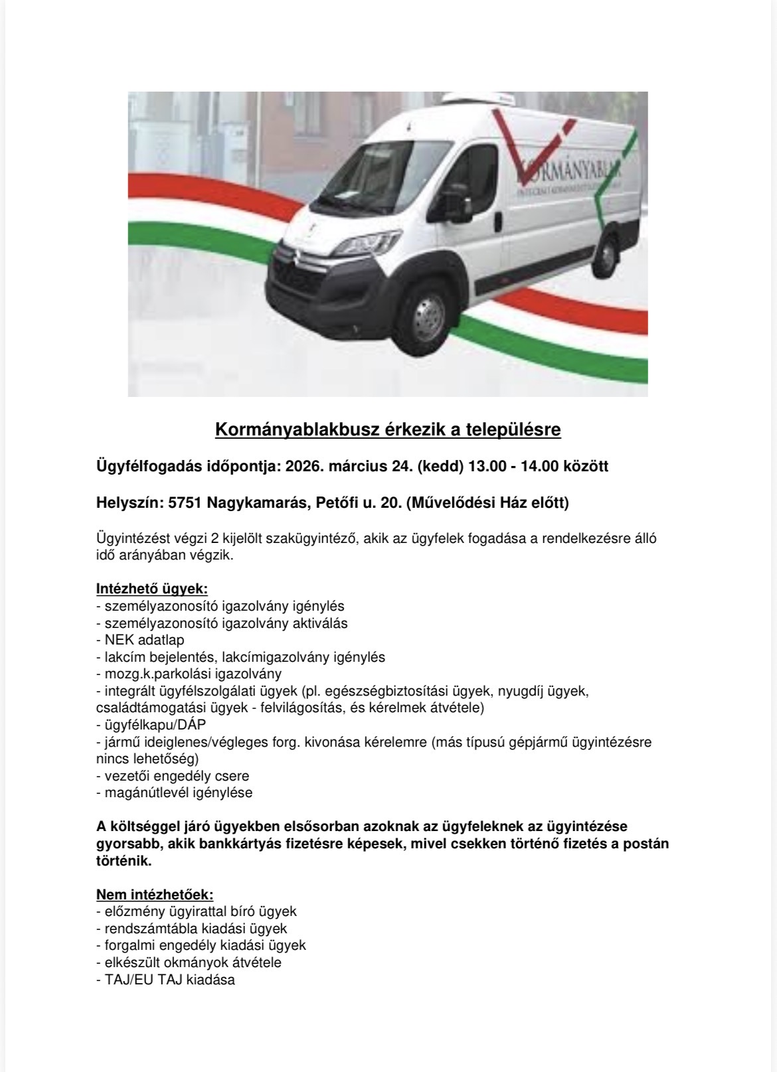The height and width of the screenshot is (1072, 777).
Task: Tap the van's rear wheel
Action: point(607,251)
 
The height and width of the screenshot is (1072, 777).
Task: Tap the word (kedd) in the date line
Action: point(440,466)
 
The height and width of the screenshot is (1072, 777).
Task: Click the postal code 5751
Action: point(185,503)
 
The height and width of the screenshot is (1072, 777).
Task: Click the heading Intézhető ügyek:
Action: point(152,589)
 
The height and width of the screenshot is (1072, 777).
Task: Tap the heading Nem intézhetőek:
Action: point(155,894)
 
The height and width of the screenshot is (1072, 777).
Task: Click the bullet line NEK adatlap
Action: point(140,640)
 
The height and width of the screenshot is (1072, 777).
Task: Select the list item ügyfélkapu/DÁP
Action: point(147,725)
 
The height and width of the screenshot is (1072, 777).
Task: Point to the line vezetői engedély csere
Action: point(173,775)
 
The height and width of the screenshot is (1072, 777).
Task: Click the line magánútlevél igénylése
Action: point(174,793)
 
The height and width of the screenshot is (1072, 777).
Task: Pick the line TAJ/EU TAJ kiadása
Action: point(165,979)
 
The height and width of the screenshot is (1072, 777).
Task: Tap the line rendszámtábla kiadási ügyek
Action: point(191,929)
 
